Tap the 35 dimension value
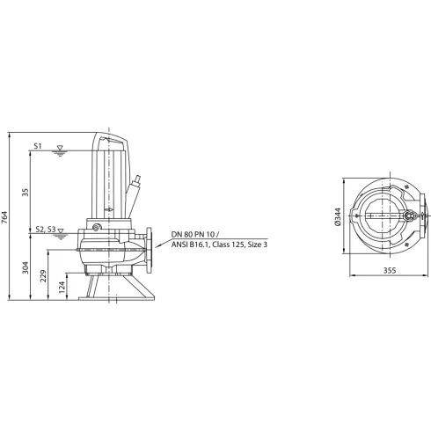pyautogui.click(x=26, y=191)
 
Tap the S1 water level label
pyautogui.click(x=39, y=144)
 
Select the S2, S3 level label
pyautogui.click(x=43, y=230)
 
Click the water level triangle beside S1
pyautogui.click(x=59, y=147)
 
